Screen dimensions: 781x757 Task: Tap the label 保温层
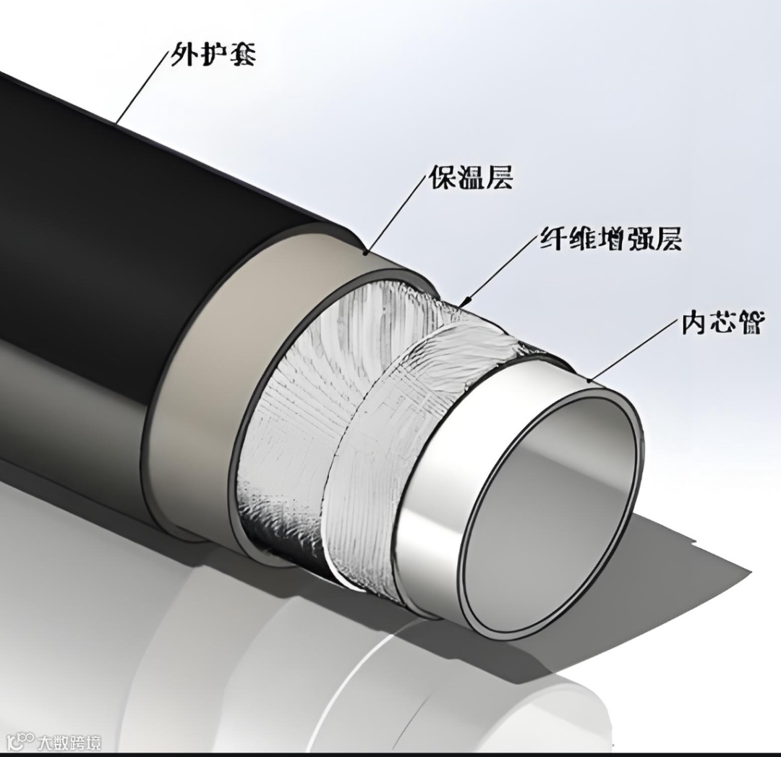pyautogui.click(x=471, y=177)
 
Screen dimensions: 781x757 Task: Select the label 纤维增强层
pyautogui.click(x=611, y=238)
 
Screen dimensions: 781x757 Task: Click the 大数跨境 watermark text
pyautogui.click(x=70, y=742)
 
